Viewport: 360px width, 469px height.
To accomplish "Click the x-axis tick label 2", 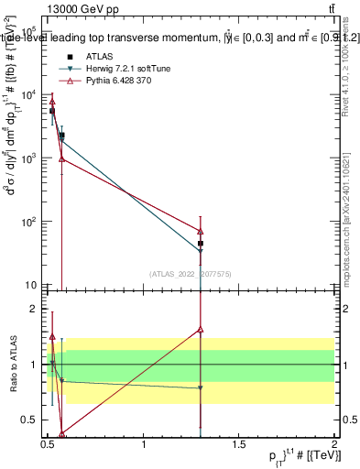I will tap(333, 445).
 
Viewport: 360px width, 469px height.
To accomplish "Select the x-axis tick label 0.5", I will tap(49, 445).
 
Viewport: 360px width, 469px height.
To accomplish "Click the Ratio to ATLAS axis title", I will tap(14, 365).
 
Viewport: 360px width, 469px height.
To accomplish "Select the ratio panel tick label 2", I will tap(35, 309).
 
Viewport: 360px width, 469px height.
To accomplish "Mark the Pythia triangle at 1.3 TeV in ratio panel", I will tap(200, 329).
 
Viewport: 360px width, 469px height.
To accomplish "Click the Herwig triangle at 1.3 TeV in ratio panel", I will tap(200, 388).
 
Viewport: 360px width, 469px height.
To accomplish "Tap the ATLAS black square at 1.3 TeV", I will tap(200, 244).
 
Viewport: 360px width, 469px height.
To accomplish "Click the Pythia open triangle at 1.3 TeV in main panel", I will tap(200, 231).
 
